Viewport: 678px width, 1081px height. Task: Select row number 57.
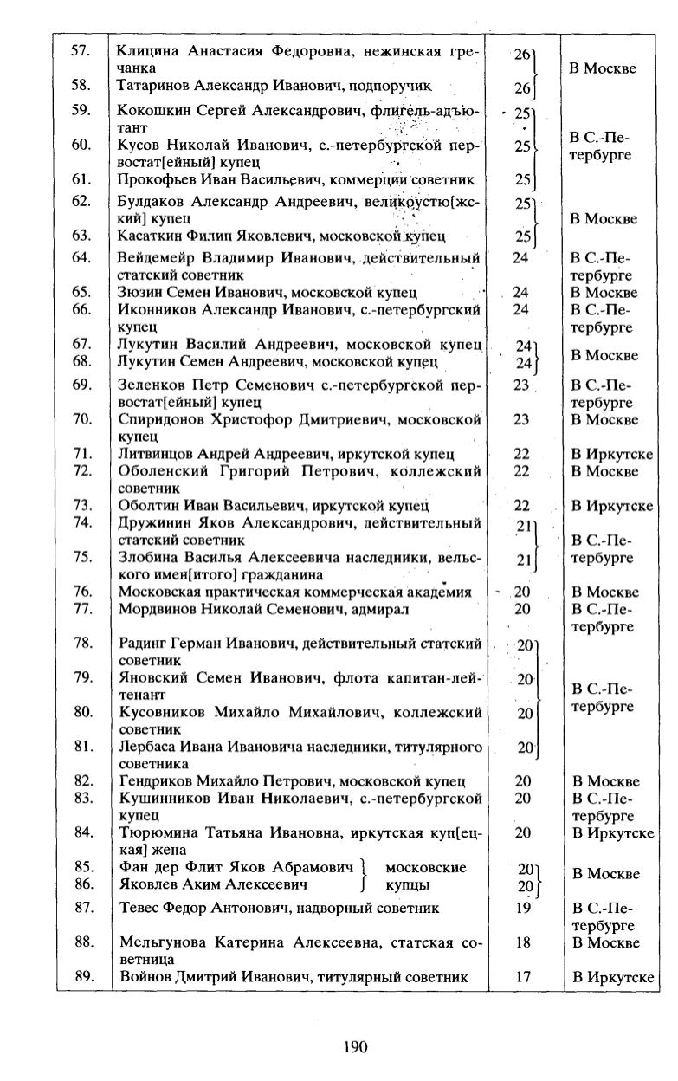(81, 50)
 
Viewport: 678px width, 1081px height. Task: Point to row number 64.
(81, 257)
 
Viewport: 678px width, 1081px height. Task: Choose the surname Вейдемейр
(156, 257)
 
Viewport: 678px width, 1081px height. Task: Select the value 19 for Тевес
(522, 909)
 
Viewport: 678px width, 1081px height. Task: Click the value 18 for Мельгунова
(522, 943)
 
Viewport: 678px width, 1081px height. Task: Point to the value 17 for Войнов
(522, 977)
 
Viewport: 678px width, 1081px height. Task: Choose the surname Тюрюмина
(158, 833)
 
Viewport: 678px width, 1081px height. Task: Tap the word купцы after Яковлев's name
(407, 885)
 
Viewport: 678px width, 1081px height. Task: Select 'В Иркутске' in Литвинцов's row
(611, 455)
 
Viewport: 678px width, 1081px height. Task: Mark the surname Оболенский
(161, 471)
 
